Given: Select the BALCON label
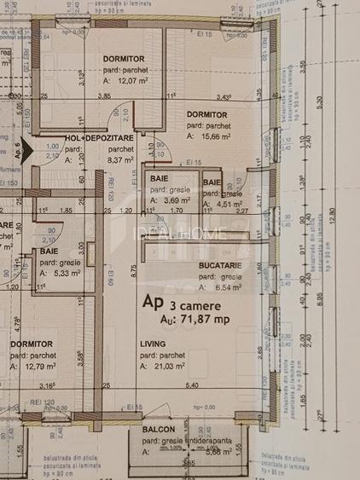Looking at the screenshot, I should (x=159, y=429).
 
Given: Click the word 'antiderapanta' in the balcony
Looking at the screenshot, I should (x=209, y=440).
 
